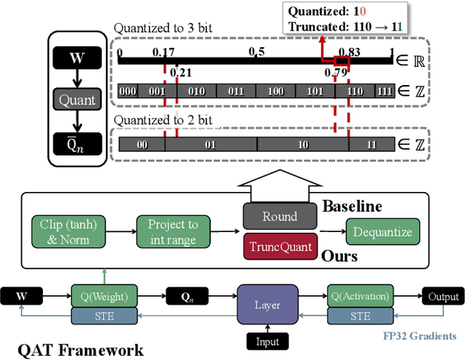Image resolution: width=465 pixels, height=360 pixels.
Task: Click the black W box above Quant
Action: [x=76, y=56]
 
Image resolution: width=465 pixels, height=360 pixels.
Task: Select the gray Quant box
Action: [x=76, y=102]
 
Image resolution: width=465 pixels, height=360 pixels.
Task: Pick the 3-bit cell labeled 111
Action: [x=382, y=92]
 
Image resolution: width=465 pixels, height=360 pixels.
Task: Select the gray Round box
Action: [x=280, y=216]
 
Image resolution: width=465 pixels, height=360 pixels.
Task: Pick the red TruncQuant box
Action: [x=280, y=247]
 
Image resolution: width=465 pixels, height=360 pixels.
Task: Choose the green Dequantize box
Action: [x=382, y=233]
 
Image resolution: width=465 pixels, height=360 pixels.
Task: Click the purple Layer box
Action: [x=268, y=305]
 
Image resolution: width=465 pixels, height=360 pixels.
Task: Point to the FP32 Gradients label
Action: [x=420, y=336]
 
